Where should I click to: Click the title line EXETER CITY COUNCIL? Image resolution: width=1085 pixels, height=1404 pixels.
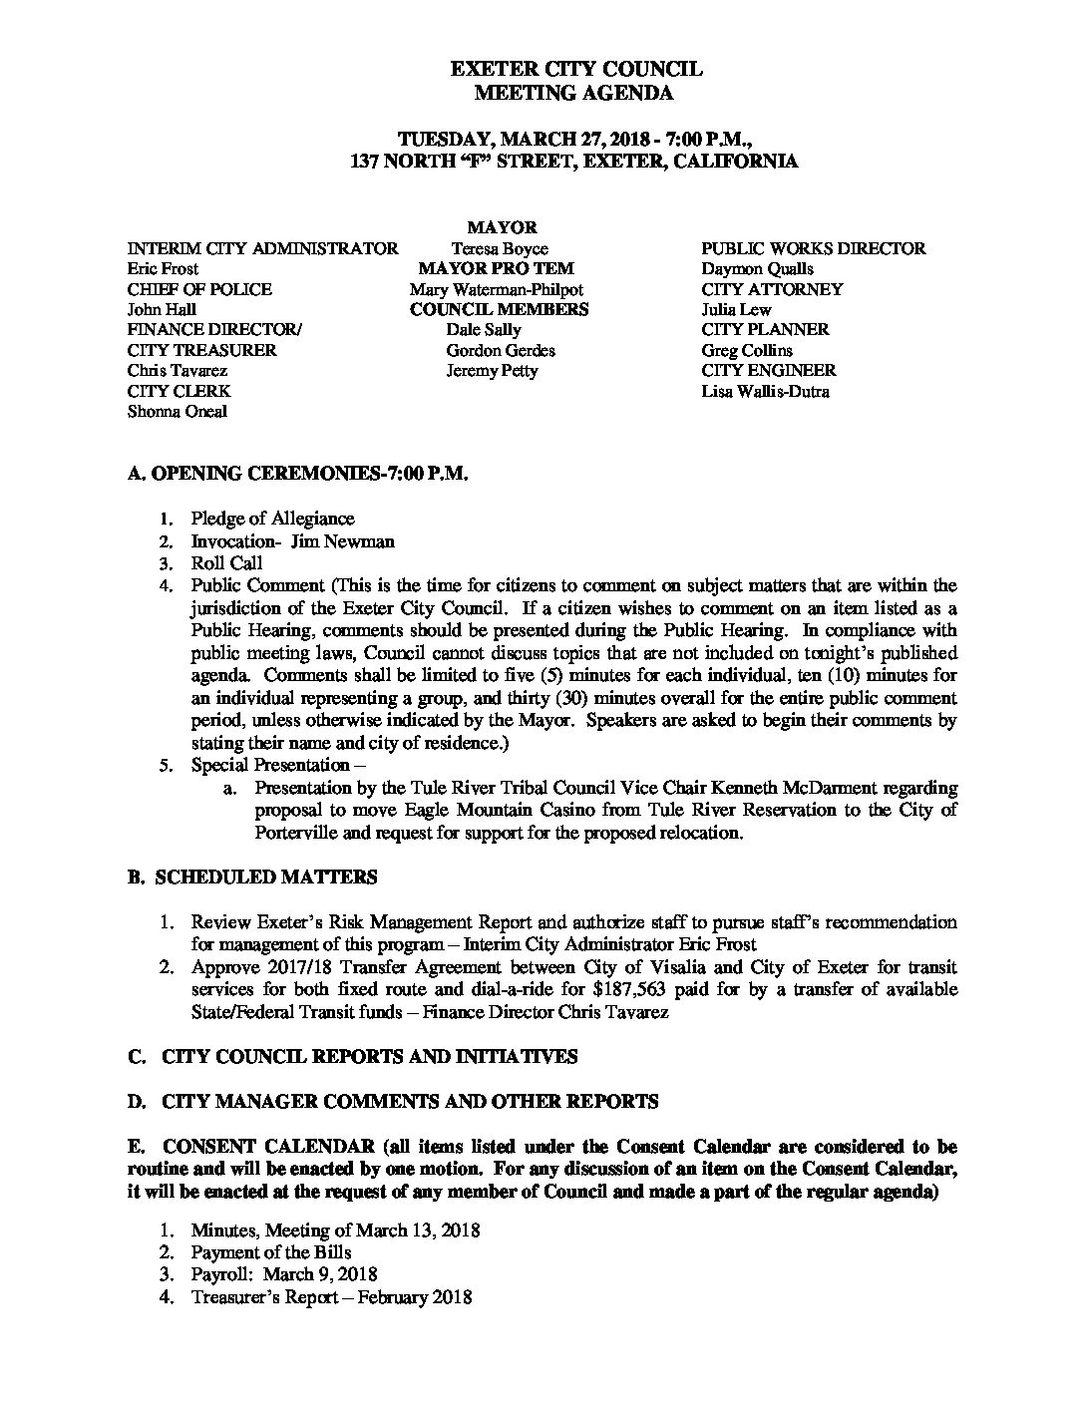coord(576,69)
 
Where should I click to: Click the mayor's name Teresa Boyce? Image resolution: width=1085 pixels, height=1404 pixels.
coord(499,248)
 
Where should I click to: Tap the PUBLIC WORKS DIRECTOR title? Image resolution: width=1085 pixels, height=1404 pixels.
coord(814,248)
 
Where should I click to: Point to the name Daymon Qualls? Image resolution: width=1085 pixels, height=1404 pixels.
coord(758,269)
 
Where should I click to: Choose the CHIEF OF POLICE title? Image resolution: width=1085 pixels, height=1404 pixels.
coord(199,289)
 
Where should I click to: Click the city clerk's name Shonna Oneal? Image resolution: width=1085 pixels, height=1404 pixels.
coord(178,411)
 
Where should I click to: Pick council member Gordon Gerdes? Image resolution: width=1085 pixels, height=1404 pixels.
coord(501,350)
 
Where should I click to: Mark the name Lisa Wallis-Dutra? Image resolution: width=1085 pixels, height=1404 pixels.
coord(765,391)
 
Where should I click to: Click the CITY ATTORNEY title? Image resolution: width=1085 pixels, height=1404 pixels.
coord(772,289)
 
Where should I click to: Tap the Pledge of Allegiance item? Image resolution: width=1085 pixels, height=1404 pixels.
coord(272,519)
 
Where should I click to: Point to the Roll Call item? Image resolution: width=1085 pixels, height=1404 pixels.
coord(226,563)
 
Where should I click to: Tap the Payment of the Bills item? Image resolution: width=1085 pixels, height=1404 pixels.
coord(271,1252)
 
